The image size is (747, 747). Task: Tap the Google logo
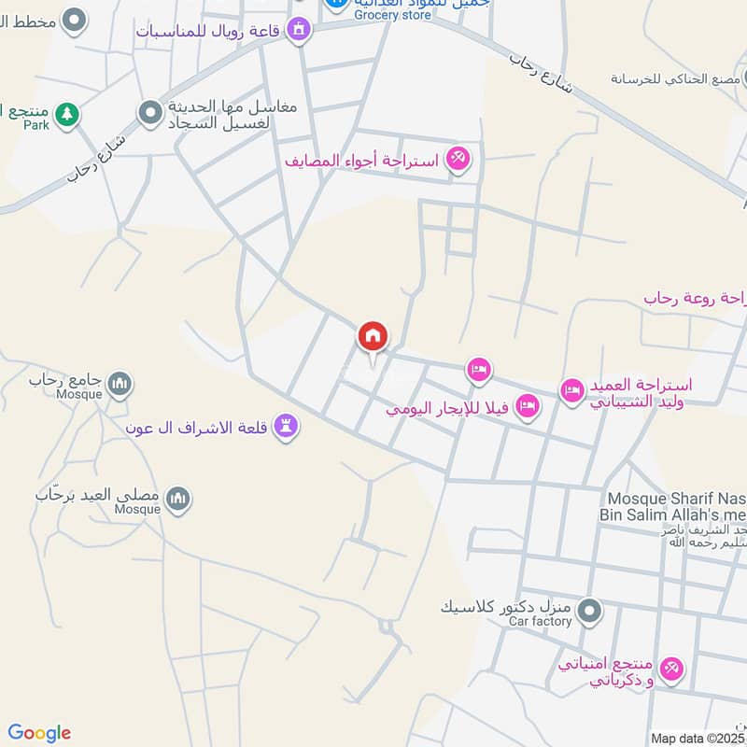click(x=39, y=733)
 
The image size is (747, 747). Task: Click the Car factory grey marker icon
click(x=588, y=613)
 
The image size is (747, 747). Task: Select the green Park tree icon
click(x=65, y=115)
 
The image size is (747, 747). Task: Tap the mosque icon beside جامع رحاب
click(x=119, y=384)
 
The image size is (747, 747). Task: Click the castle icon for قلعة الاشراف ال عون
click(x=287, y=426)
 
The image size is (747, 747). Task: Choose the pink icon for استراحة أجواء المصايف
click(x=458, y=158)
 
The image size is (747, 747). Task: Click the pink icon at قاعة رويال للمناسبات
click(x=299, y=30)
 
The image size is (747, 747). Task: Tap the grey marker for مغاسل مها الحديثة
click(x=149, y=115)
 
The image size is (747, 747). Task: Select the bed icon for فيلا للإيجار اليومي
click(x=529, y=407)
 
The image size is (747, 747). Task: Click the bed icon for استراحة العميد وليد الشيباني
click(x=571, y=390)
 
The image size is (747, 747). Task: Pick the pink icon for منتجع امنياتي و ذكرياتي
click(x=670, y=669)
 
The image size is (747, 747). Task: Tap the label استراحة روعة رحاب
click(x=696, y=298)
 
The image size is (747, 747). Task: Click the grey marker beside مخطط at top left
click(x=74, y=20)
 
